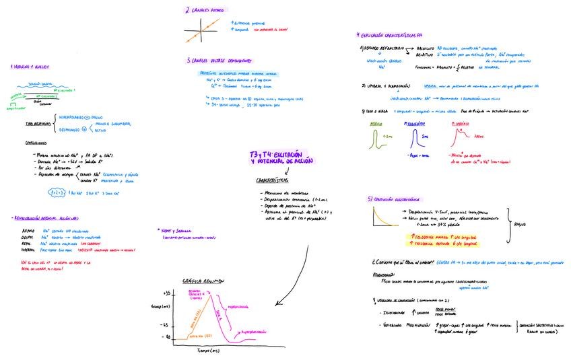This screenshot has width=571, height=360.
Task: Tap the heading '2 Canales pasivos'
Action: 207,10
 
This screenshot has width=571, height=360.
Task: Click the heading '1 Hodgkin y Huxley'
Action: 30,67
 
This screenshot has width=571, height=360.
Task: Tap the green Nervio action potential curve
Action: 376,139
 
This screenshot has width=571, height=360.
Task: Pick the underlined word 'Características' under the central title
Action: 272,180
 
